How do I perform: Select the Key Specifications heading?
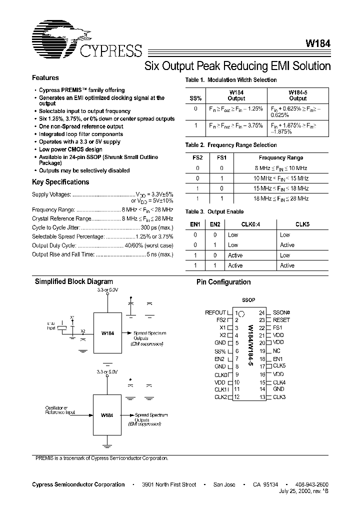(x=60, y=182)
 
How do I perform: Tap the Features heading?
(x=45, y=78)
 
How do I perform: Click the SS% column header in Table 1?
(x=195, y=95)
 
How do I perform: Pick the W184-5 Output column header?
(x=298, y=95)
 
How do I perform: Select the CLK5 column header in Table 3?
(x=302, y=225)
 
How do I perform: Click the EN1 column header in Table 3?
(x=195, y=225)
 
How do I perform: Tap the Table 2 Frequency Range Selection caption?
(x=231, y=145)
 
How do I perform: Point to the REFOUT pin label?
(x=215, y=312)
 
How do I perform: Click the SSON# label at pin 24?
(x=281, y=312)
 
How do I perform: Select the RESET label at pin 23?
(x=281, y=320)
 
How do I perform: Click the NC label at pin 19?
(x=277, y=351)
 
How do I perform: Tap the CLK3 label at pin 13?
(x=279, y=397)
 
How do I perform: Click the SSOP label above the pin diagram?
(x=248, y=300)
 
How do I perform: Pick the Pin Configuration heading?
(x=223, y=282)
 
